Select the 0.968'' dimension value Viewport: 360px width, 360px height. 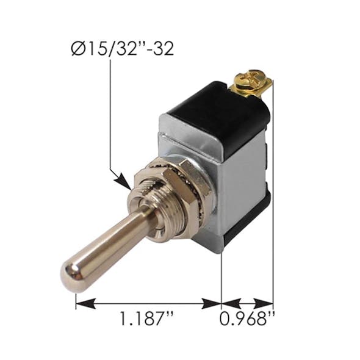tap(247, 319)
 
